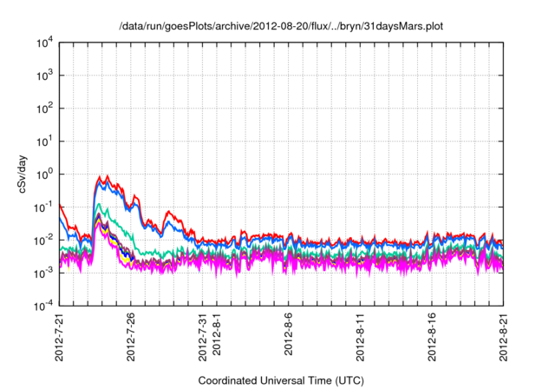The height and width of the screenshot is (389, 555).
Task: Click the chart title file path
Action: tap(280, 26)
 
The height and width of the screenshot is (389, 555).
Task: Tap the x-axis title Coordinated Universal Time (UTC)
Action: tap(280, 380)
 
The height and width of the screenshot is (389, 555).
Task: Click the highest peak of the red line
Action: tap(103, 176)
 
